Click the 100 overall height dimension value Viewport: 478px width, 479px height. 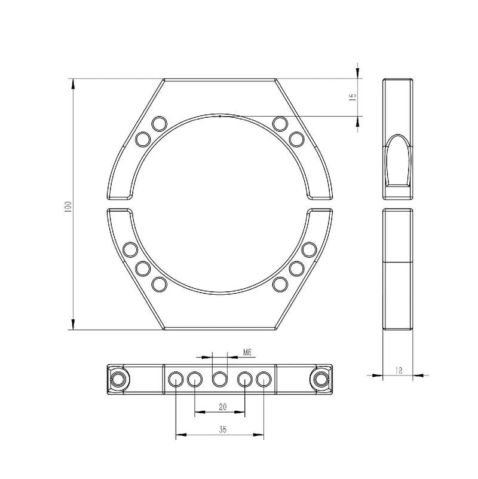click(69, 208)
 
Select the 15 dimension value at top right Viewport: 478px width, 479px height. click(353, 96)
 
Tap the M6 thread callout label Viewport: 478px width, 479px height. click(247, 353)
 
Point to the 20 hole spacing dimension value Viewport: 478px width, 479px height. click(222, 407)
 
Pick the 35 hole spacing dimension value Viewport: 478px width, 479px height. click(222, 430)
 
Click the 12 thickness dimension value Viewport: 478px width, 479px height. click(399, 370)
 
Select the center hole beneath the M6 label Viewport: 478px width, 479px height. click(220, 379)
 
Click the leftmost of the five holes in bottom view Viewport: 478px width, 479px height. click(176, 379)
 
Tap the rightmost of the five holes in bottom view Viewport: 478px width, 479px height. click(264, 379)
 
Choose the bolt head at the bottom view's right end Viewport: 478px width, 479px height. click(321, 379)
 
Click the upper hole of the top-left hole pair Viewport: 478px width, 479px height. click(159, 124)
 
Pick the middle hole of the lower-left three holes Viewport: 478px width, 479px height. click(142, 269)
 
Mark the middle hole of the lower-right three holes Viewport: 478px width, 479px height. click(296, 269)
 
